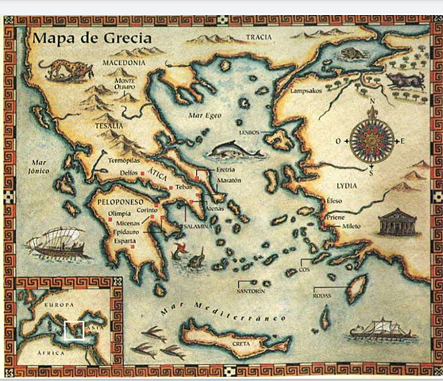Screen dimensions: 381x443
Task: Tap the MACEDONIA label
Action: [124, 63]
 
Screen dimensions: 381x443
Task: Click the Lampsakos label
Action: [306, 90]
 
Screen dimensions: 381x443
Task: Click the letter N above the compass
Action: [370, 102]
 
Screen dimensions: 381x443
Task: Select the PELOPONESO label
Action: [119, 202]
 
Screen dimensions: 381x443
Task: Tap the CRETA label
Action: [240, 343]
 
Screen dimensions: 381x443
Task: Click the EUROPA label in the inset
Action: [58, 306]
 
